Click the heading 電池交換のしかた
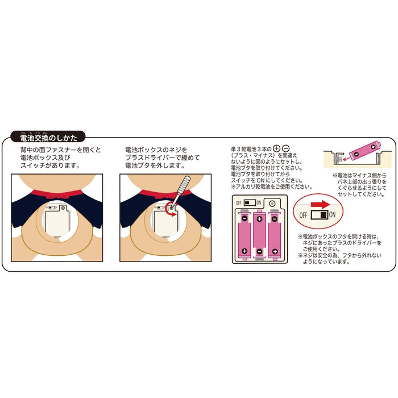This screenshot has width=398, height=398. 48,138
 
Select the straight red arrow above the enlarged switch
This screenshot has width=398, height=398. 320,205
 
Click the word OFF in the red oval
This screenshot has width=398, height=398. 303,215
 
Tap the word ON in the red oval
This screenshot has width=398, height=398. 332,215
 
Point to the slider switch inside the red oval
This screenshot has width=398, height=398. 320,215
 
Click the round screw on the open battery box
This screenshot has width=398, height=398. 272,204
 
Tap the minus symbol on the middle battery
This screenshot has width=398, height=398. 259,251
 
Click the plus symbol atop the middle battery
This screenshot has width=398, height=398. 259,219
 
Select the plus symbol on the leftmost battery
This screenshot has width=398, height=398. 244,251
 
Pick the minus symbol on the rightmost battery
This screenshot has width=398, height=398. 275,218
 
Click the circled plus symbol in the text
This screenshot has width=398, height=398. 276,148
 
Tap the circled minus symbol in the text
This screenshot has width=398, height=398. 285,148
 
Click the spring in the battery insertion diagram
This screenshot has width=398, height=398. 339,159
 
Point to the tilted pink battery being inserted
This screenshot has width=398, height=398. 365,151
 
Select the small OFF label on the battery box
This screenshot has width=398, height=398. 238,203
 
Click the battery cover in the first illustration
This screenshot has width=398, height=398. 57,221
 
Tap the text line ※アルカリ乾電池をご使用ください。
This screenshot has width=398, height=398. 271,187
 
